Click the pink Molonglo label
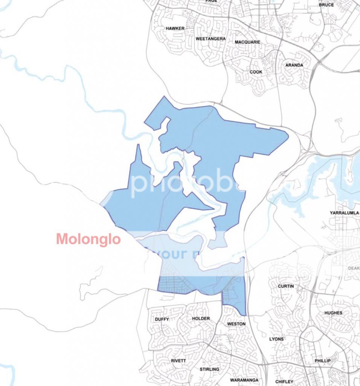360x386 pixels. (88, 239)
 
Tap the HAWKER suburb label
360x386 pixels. (175, 28)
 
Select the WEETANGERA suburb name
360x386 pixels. (211, 39)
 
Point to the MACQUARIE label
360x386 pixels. (247, 42)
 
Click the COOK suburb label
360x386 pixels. (256, 72)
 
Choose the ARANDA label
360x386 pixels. (294, 65)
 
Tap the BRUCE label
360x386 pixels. (326, 5)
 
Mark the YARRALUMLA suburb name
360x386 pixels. (344, 213)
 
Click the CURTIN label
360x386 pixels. (286, 286)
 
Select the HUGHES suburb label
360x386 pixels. (333, 313)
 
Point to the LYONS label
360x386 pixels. (276, 339)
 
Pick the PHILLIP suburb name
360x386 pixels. (323, 361)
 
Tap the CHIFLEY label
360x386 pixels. (284, 382)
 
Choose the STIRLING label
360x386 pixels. (209, 369)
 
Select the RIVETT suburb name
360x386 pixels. (178, 361)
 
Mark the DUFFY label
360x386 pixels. (162, 319)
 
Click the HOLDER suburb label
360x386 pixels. (201, 319)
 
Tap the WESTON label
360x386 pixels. (236, 324)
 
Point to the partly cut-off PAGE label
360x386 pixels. (211, 1)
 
